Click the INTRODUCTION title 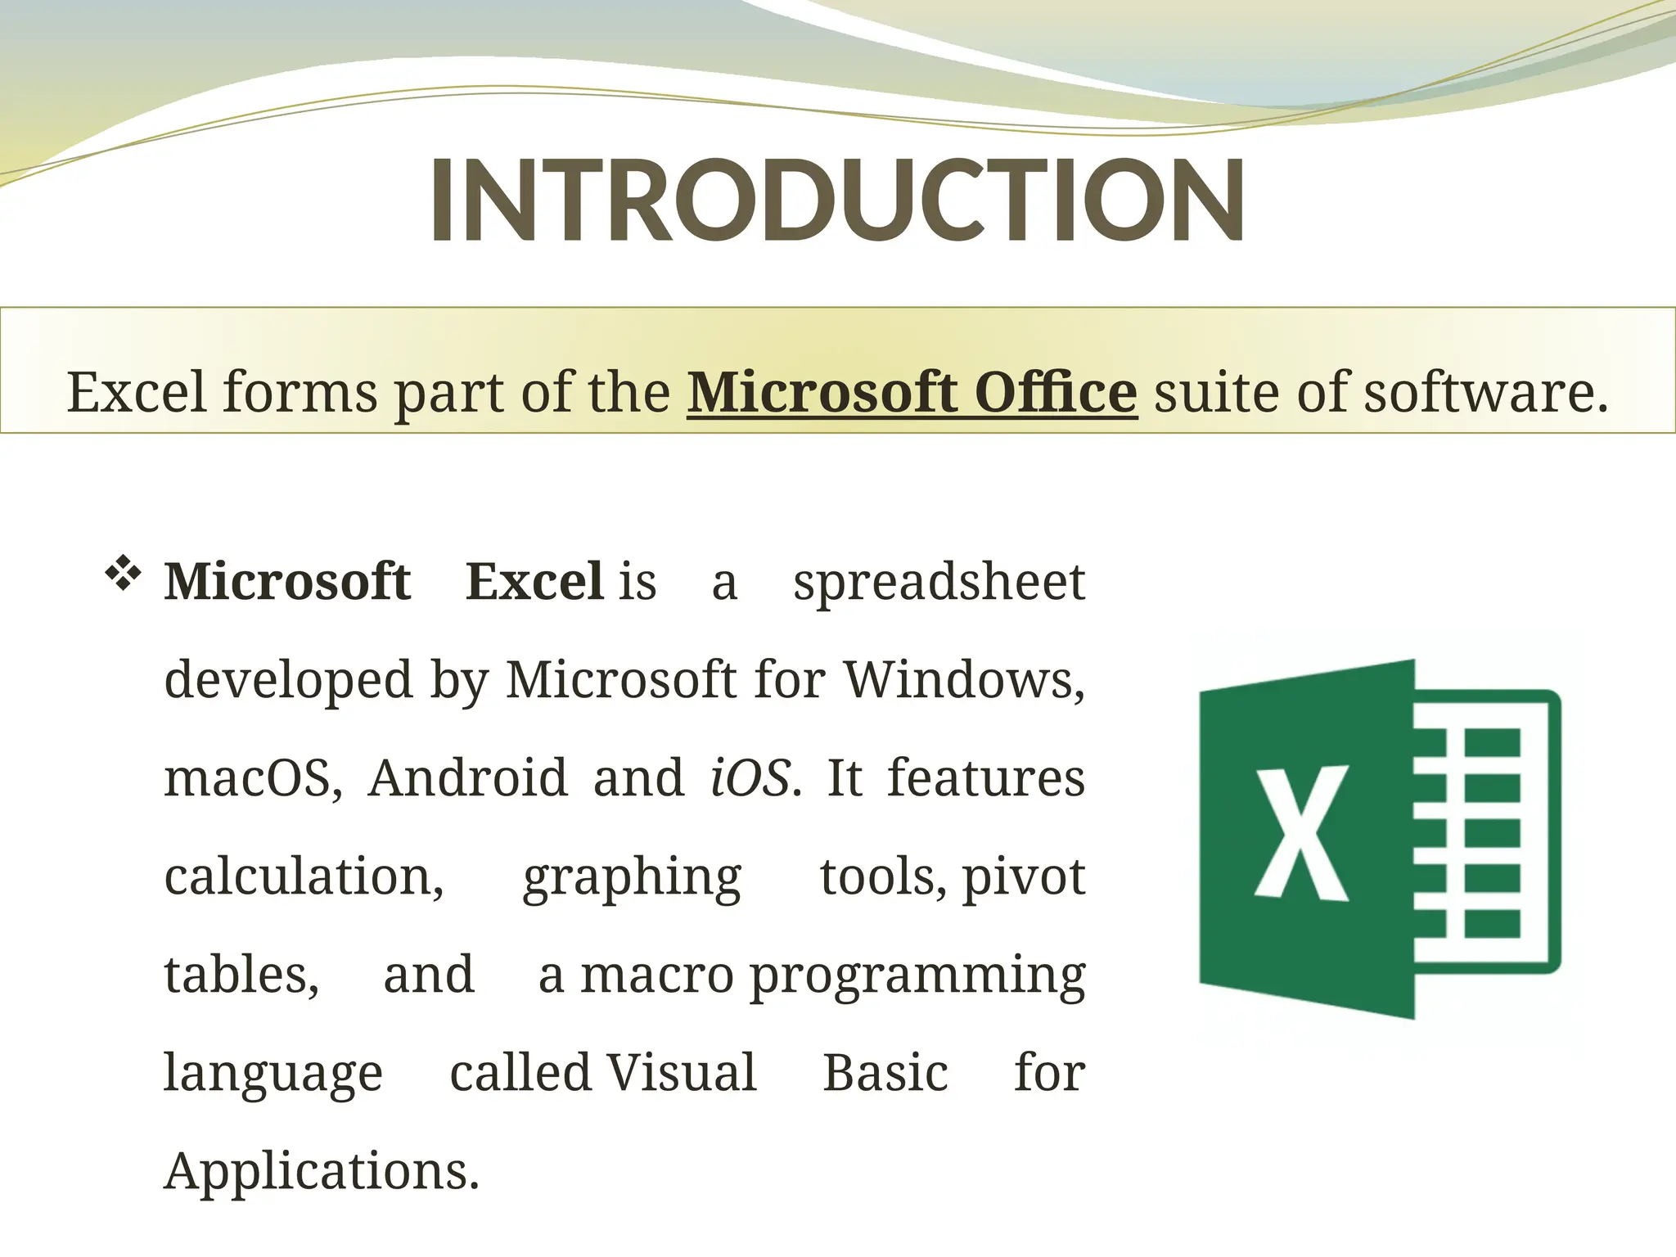tap(836, 200)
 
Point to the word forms tap(300, 393)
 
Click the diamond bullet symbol tap(123, 573)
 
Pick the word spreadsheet tap(939, 583)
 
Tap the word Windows tap(963, 679)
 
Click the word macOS tap(253, 778)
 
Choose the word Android tap(467, 778)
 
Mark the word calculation tap(304, 876)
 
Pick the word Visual tap(681, 1073)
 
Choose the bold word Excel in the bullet tap(534, 582)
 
